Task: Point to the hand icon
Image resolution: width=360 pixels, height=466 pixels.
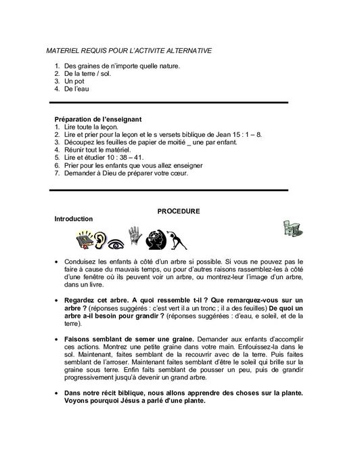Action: point(135,234)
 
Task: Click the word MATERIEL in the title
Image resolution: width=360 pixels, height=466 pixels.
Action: point(65,51)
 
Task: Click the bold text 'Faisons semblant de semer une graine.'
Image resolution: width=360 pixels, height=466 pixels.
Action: point(128,337)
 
